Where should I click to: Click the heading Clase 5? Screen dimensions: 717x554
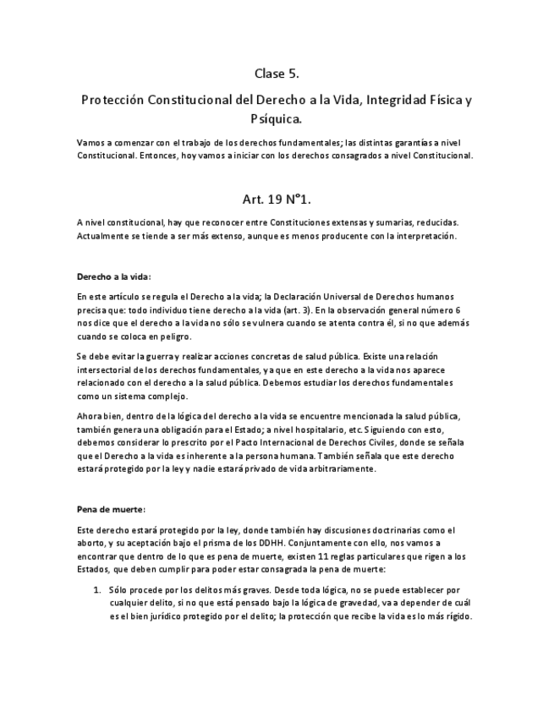[277, 74]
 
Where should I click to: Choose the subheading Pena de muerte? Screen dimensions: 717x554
[111, 509]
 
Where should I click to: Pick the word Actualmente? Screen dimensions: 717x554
[104, 236]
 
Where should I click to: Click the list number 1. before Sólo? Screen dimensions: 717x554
[97, 588]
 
